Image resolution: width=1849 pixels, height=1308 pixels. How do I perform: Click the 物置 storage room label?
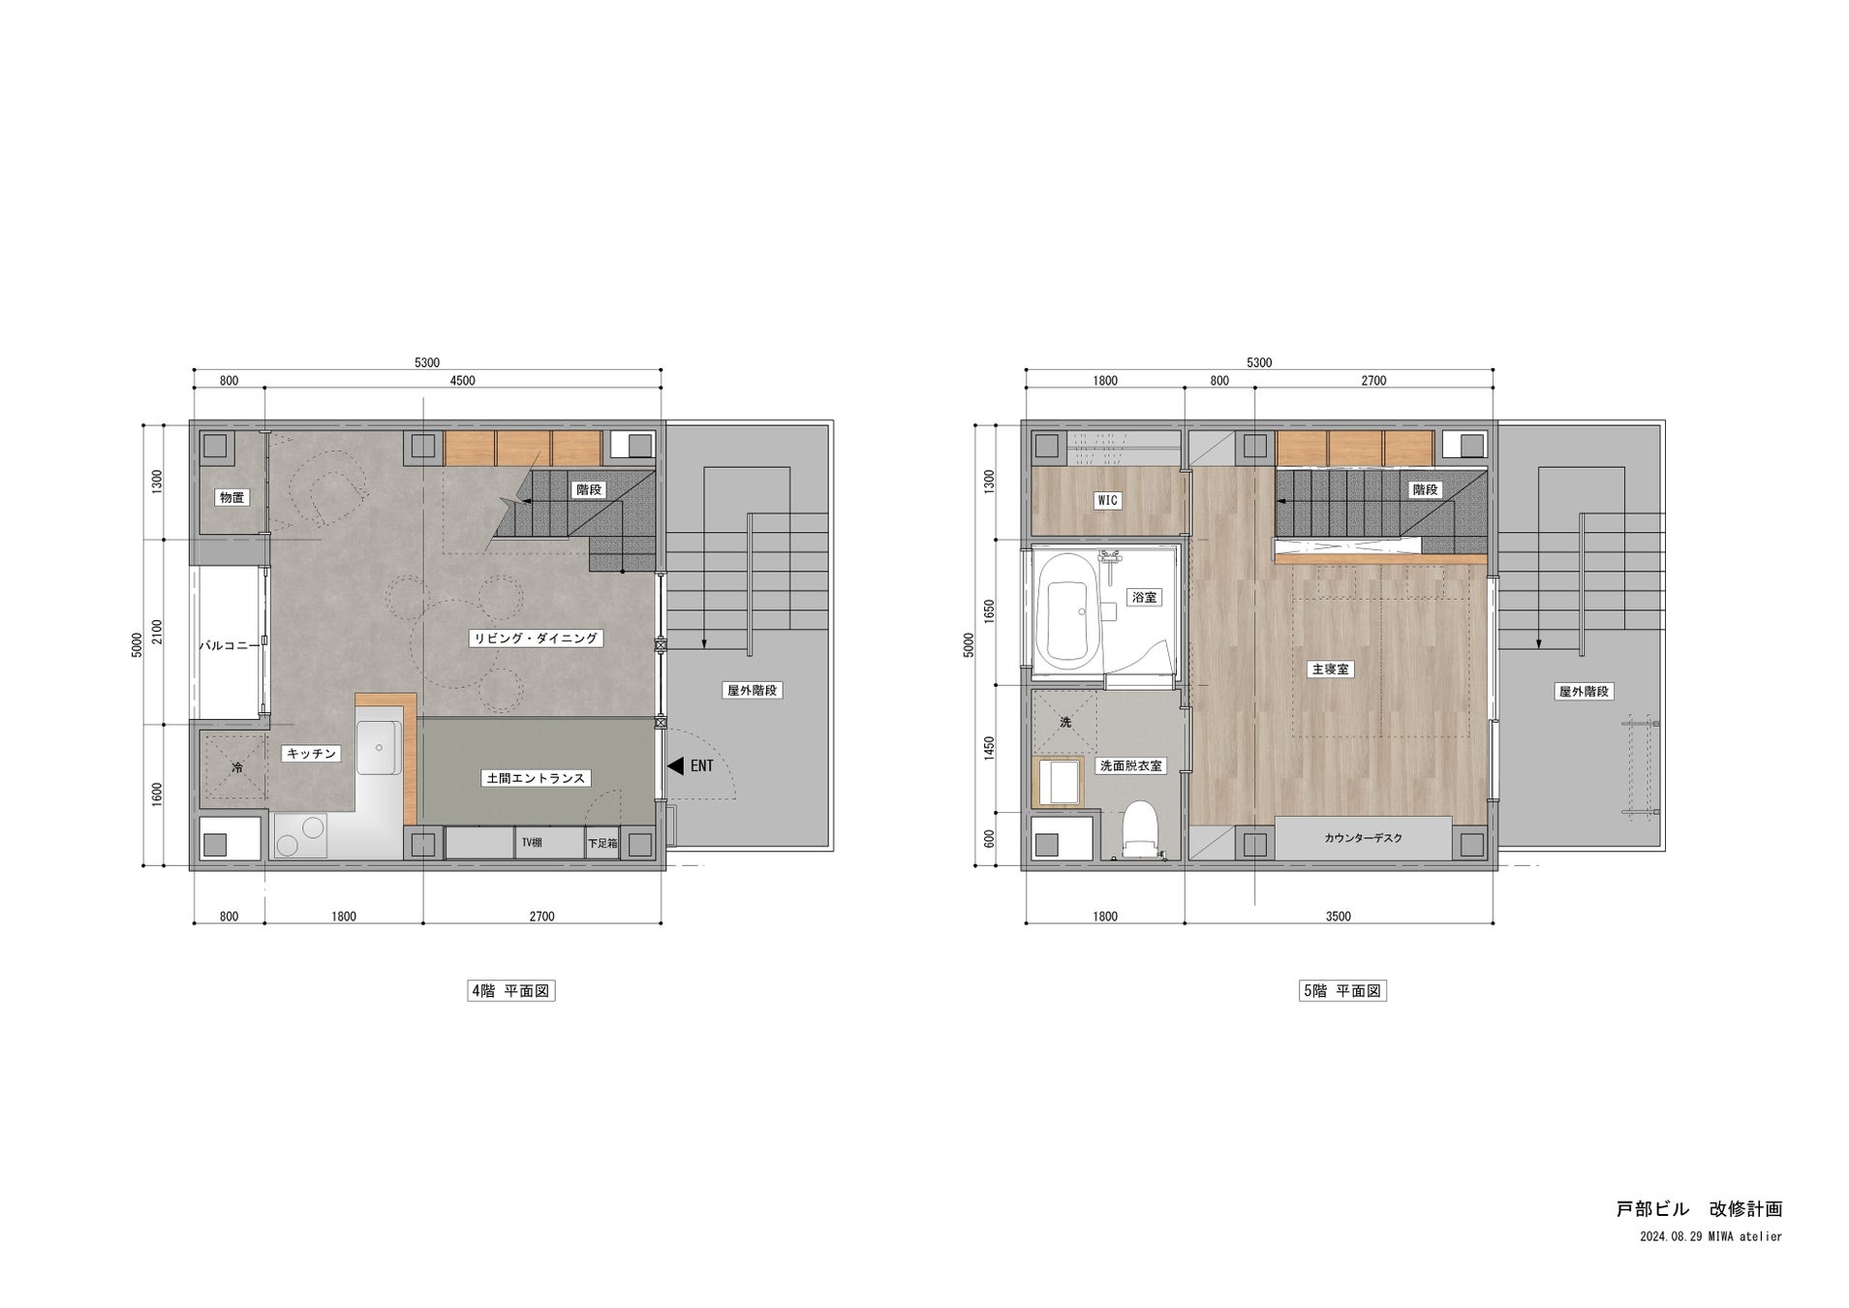231,497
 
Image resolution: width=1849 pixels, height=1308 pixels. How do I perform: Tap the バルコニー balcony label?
230,644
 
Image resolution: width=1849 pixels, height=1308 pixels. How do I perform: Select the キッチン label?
311,753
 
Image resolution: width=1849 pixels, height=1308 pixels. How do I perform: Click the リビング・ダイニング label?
536,638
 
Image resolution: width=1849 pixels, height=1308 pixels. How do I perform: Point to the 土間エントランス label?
535,778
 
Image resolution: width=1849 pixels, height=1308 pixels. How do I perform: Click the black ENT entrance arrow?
676,765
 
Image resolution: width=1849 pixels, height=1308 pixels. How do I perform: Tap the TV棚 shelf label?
532,843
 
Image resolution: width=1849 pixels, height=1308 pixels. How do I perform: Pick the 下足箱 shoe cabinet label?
601,844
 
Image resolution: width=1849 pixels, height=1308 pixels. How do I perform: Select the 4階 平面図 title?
510,991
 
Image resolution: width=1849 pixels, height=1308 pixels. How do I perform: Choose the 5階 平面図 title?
1342,991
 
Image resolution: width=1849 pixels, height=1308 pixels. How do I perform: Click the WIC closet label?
1107,501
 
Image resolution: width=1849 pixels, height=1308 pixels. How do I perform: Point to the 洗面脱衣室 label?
1130,765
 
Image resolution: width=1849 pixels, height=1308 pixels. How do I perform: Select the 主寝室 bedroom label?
1329,670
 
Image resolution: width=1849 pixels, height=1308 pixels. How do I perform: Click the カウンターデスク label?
1363,838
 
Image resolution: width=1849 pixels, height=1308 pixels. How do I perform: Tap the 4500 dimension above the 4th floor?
463,381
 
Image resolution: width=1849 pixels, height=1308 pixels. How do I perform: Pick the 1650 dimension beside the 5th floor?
989,611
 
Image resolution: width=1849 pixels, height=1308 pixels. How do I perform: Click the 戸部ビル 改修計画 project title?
1699,1209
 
